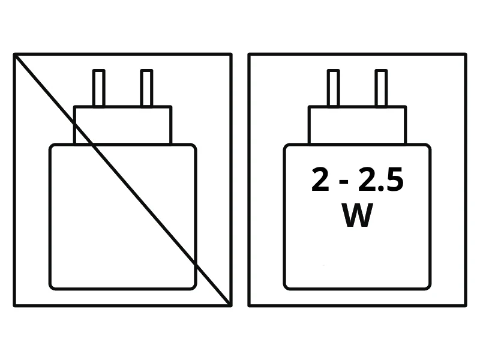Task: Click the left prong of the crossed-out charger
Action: [x=99, y=88]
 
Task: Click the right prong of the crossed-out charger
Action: [x=146, y=88]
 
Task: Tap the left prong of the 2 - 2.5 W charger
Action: [x=334, y=88]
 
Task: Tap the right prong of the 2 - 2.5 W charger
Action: [x=381, y=88]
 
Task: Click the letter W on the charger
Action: [x=357, y=215]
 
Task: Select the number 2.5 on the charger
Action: [x=381, y=179]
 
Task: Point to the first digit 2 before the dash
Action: [x=320, y=179]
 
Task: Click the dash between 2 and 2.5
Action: [x=344, y=182]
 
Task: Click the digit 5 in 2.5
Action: [x=395, y=180]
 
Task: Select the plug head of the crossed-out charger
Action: [x=123, y=125]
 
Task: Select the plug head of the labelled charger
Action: [x=357, y=125]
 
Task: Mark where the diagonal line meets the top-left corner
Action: [x=15, y=55]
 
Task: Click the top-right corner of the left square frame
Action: [x=231, y=55]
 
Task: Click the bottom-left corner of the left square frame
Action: [x=14, y=305]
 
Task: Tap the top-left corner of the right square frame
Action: [x=249, y=55]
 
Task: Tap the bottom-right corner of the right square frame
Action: [x=466, y=305]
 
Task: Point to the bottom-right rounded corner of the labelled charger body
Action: [x=428, y=287]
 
